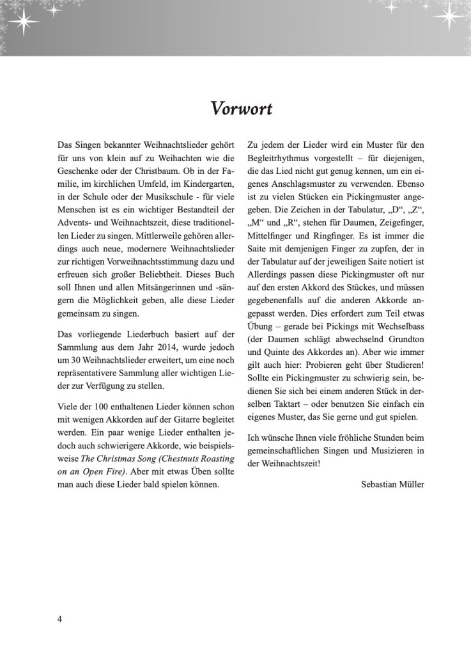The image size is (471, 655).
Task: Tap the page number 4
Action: (x=59, y=620)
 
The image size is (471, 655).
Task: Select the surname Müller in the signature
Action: (x=413, y=484)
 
